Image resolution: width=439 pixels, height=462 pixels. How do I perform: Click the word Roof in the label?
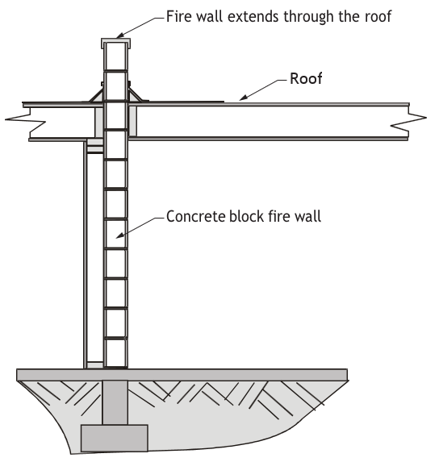pyautogui.click(x=306, y=79)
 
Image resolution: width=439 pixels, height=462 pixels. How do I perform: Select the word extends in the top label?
pyautogui.click(x=253, y=16)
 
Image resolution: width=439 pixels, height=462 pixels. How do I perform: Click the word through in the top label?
pyautogui.click(x=308, y=17)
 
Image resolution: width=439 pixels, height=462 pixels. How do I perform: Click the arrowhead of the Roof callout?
pyautogui.click(x=242, y=98)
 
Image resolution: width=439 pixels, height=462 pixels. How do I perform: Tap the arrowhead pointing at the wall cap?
pyautogui.click(x=119, y=35)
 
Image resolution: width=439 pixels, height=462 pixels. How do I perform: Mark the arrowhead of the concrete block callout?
pyautogui.click(x=119, y=235)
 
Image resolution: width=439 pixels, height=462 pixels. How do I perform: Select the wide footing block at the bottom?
pyautogui.click(x=115, y=438)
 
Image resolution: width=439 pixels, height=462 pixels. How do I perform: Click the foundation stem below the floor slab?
pyautogui.click(x=115, y=402)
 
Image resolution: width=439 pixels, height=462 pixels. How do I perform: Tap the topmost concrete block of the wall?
pyautogui.click(x=115, y=56)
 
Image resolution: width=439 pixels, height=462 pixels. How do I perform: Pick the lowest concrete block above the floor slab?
pyautogui.click(x=115, y=353)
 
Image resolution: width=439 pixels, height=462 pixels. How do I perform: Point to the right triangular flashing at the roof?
pyautogui.click(x=136, y=95)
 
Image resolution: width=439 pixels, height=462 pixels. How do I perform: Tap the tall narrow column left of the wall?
pyautogui.click(x=86, y=255)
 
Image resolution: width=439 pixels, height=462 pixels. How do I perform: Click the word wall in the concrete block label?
pyautogui.click(x=309, y=216)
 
